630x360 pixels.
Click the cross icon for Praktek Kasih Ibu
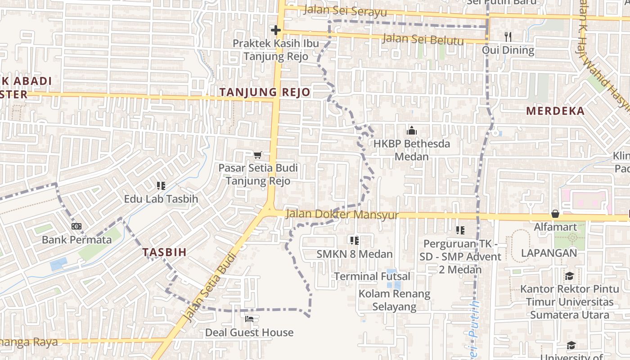276,30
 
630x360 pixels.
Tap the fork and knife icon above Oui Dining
508,36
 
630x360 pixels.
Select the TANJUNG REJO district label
265,92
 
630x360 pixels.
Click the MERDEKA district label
555,111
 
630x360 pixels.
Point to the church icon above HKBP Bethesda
411,131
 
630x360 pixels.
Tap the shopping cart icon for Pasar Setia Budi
258,155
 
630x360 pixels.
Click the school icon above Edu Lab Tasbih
161,185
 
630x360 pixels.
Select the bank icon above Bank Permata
76,226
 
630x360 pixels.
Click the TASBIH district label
164,252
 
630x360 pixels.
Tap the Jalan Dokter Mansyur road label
342,215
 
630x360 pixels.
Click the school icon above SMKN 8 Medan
355,241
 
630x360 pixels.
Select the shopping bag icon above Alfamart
555,214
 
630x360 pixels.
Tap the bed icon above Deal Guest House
249,319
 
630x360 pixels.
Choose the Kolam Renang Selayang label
394,300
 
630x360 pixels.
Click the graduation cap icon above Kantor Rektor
569,276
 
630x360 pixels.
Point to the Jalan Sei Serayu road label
345,10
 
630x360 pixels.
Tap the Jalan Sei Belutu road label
423,40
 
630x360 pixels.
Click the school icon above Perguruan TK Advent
460,230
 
